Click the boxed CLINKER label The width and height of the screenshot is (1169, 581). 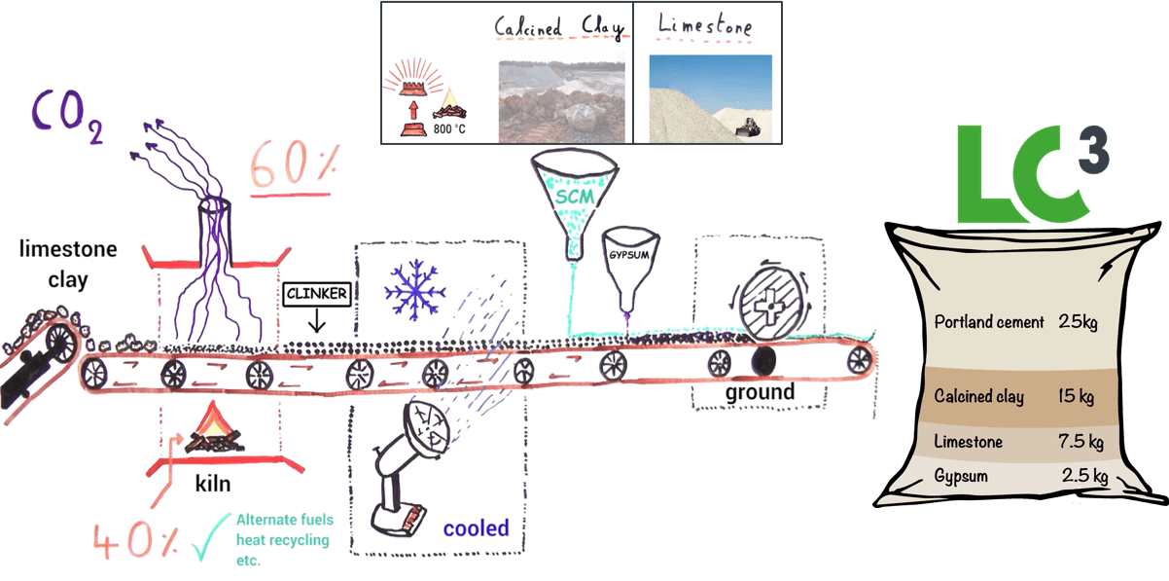(317, 294)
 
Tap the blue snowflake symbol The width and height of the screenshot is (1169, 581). (415, 290)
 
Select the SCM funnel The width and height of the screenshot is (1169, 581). (575, 204)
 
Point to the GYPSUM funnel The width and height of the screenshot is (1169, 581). (630, 269)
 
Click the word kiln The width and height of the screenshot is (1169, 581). (212, 484)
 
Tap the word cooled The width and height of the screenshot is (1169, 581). (476, 528)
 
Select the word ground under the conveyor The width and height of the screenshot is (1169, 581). (760, 392)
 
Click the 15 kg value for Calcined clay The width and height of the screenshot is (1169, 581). (1076, 396)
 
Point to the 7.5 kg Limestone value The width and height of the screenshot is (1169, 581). (1080, 442)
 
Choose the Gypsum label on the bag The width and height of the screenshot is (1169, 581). (961, 476)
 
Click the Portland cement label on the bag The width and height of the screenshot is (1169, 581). (989, 322)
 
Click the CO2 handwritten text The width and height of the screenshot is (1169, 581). (67, 116)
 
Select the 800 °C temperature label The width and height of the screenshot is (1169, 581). (449, 128)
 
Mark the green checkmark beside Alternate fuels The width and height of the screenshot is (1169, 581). (210, 536)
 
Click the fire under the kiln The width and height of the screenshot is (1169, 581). (213, 429)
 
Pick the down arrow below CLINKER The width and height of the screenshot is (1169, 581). (316, 320)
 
